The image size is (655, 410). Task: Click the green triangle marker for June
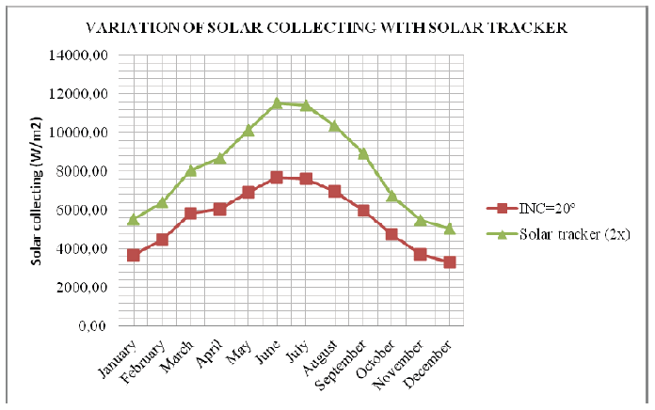point(277,103)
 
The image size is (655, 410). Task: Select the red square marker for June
point(277,177)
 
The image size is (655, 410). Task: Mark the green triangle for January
point(134,219)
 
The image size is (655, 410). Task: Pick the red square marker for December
point(450,262)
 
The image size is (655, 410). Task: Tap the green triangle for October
point(392,196)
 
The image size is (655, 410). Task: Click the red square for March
point(191,213)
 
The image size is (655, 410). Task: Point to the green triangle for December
point(450,229)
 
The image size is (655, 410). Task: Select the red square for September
point(363,211)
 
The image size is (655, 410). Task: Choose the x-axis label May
point(238,350)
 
